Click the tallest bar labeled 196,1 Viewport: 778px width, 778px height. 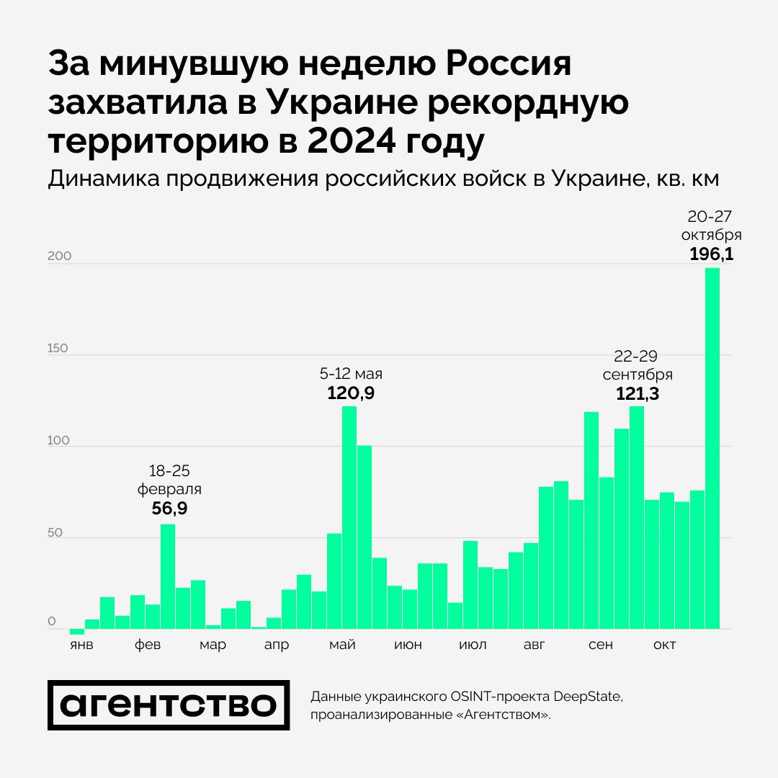[x=712, y=447]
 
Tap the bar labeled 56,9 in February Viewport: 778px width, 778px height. [x=168, y=576]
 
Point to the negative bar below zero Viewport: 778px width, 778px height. [x=77, y=631]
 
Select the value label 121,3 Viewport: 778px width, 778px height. [x=638, y=393]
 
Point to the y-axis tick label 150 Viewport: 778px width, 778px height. [x=58, y=348]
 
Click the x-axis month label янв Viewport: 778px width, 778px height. [x=81, y=644]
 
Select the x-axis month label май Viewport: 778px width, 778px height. [x=341, y=644]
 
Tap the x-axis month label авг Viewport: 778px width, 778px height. [x=535, y=644]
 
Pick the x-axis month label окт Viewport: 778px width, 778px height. [x=664, y=644]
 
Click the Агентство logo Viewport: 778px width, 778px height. [x=169, y=705]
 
